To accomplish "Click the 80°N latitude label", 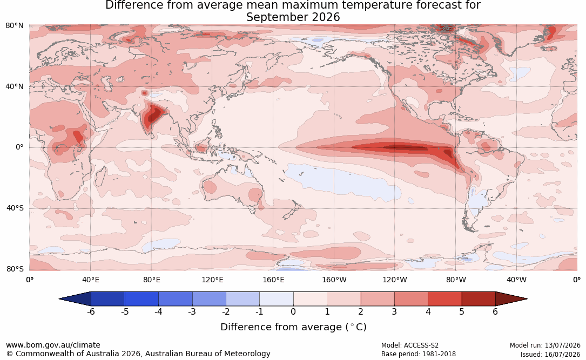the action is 14,26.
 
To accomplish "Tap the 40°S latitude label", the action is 15,208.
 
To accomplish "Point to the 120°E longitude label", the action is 212,280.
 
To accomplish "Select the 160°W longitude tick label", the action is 334,280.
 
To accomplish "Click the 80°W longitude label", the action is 456,280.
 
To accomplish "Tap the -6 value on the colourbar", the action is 91,311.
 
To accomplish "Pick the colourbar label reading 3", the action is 394,311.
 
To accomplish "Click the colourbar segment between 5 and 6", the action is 479,299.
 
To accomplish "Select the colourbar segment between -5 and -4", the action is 142,299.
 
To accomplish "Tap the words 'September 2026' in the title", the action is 293,17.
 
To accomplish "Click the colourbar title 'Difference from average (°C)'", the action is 293,327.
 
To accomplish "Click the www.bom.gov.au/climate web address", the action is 53,345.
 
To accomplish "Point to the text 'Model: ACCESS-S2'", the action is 410,345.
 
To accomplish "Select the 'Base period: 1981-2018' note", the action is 419,354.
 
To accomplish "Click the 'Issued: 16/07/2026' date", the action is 550,354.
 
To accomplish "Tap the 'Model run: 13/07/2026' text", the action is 545,345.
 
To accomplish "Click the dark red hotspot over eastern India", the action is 154,116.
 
